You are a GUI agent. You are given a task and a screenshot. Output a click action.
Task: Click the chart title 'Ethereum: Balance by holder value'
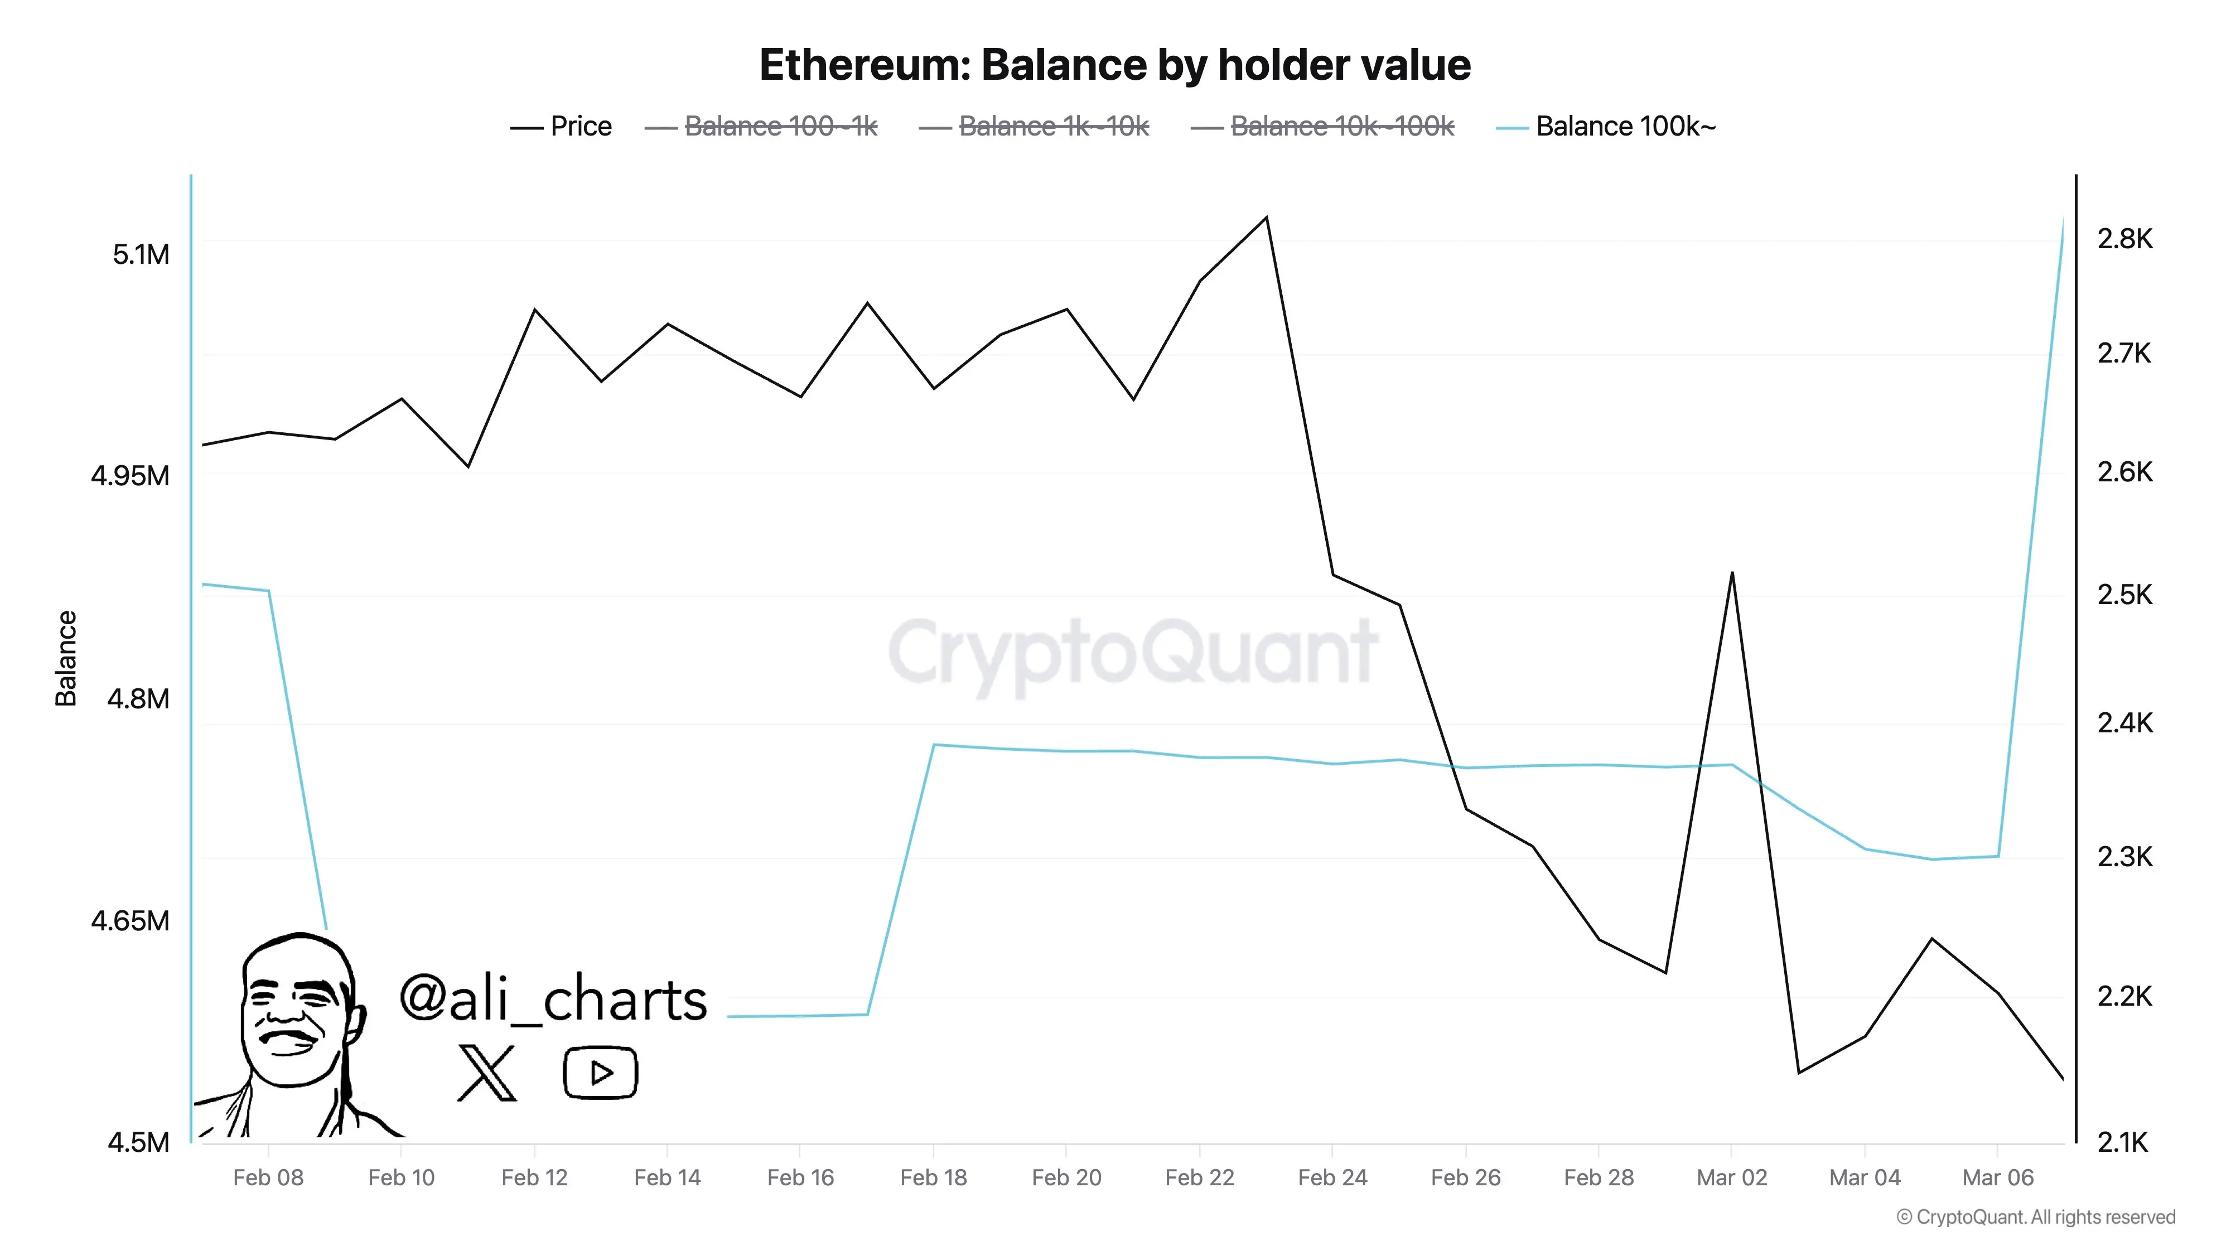click(x=1114, y=65)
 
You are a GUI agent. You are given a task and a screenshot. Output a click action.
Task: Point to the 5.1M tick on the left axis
click(x=141, y=255)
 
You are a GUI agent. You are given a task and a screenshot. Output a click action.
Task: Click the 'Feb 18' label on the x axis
click(x=933, y=1178)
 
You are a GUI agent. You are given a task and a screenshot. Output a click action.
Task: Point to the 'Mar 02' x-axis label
click(x=1731, y=1178)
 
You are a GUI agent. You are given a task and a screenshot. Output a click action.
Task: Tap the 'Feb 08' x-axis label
click(x=268, y=1178)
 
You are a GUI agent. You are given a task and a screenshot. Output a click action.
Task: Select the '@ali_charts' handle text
click(x=553, y=998)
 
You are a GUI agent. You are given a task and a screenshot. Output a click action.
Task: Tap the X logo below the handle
click(x=487, y=1073)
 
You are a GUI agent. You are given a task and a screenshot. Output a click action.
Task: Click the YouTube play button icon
click(x=600, y=1073)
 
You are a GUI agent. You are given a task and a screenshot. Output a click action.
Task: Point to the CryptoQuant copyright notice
click(x=2035, y=1217)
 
